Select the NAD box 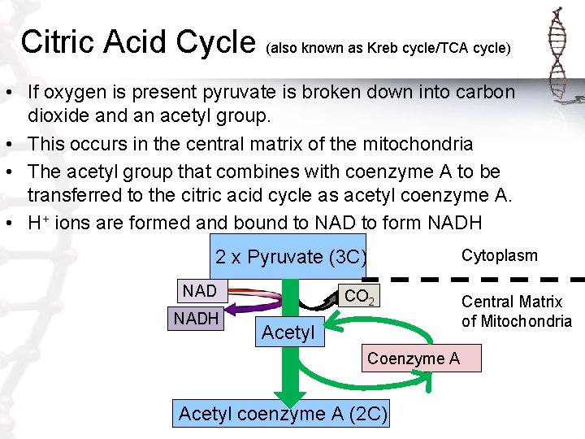click(199, 291)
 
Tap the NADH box click(195, 319)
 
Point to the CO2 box click(359, 297)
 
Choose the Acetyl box click(288, 332)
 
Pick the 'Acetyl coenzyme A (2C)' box click(282, 414)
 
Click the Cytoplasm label click(500, 255)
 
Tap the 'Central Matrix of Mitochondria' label click(517, 311)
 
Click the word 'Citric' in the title click(58, 41)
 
